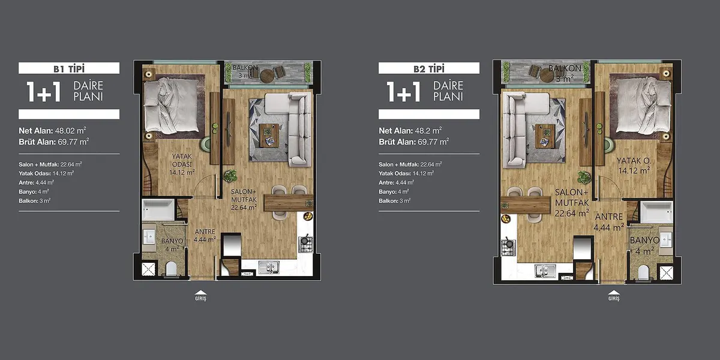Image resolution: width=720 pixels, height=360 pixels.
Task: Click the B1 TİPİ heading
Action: point(69,68)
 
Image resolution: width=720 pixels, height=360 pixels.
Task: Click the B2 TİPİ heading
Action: point(429,68)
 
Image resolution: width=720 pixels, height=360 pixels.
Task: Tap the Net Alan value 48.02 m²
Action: point(70,131)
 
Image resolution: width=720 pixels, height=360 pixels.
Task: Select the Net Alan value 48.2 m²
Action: point(428,131)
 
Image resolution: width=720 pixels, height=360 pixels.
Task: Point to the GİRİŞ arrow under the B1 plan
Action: point(200,292)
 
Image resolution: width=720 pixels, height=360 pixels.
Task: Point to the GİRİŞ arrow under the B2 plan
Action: point(614,292)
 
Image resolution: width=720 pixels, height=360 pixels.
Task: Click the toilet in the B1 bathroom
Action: point(172,269)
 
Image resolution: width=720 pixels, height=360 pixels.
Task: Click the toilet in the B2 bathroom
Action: point(643,272)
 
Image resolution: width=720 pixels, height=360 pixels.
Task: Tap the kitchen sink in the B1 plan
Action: point(269,267)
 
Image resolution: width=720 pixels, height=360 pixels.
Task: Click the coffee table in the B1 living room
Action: point(269,136)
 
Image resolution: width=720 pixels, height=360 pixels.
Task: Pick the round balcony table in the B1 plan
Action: point(266,76)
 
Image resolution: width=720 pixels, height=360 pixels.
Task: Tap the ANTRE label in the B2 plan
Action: point(609,217)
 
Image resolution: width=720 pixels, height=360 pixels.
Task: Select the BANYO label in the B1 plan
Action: point(172,241)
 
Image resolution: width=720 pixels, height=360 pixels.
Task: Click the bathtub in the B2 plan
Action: point(656,212)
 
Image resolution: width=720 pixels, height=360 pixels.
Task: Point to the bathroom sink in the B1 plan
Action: point(149,236)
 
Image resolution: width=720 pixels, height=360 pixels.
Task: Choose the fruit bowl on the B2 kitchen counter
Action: point(506,218)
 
